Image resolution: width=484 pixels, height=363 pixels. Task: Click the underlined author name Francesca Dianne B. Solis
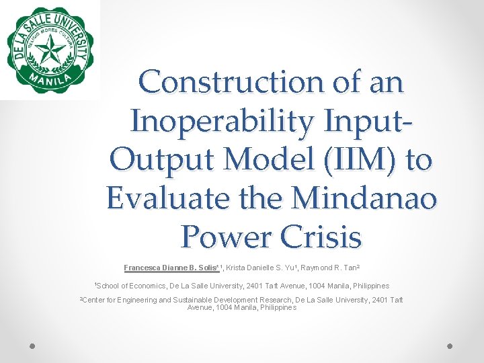(171, 267)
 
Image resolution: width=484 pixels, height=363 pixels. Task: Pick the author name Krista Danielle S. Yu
(266, 267)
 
